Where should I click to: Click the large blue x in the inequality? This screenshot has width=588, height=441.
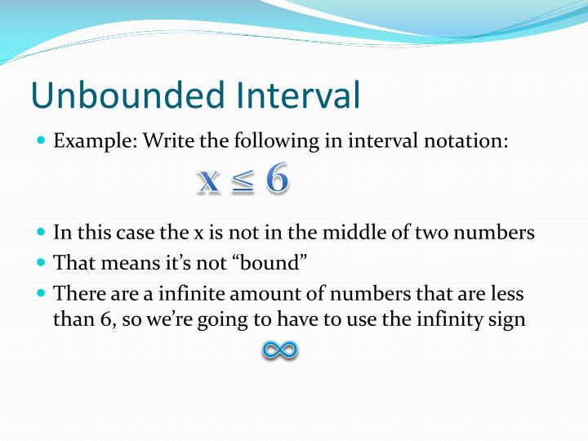(x=209, y=180)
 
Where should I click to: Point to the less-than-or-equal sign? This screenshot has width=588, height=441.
(x=243, y=181)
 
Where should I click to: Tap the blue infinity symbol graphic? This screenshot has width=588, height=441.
(x=280, y=350)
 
